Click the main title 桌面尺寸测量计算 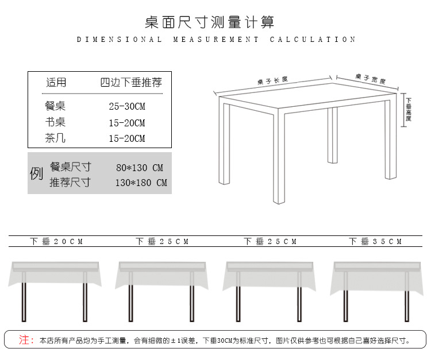(210, 22)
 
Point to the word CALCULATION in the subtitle (313, 40)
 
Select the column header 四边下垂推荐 (131, 83)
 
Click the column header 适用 (56, 83)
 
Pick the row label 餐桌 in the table (55, 106)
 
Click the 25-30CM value (127, 107)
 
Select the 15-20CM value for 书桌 (127, 123)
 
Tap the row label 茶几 (55, 138)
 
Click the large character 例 (37, 173)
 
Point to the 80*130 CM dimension (140, 168)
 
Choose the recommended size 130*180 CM (141, 183)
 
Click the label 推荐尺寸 (70, 183)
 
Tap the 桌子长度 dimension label (273, 80)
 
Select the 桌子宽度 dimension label (370, 79)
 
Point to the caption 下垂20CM (56, 242)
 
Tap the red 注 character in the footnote (24, 340)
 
